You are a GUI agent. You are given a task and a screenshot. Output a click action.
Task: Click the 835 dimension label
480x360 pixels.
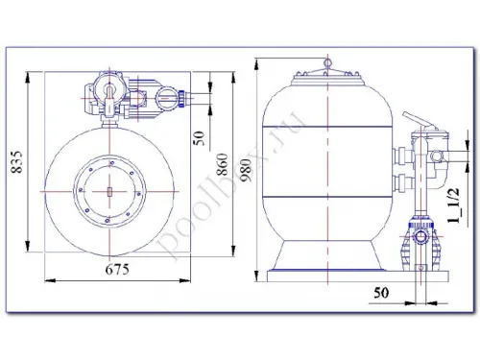[x=17, y=161]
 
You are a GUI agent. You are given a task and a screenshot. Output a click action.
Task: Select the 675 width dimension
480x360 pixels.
[x=117, y=270]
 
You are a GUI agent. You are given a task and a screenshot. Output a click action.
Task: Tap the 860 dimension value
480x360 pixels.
[x=222, y=164]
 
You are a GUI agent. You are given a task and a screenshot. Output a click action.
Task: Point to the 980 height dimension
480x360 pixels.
[x=248, y=171]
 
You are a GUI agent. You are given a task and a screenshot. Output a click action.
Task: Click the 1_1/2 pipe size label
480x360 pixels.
[x=454, y=205]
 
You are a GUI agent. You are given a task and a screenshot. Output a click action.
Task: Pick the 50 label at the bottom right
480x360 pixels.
[x=381, y=292]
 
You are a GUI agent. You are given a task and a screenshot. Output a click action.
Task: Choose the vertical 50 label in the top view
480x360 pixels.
[x=199, y=138]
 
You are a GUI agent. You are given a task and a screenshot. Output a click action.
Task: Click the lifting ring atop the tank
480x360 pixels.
[x=328, y=62]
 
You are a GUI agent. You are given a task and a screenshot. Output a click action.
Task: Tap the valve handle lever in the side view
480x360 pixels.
[x=415, y=120]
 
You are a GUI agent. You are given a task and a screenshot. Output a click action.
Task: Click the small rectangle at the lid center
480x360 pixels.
[x=109, y=192]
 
